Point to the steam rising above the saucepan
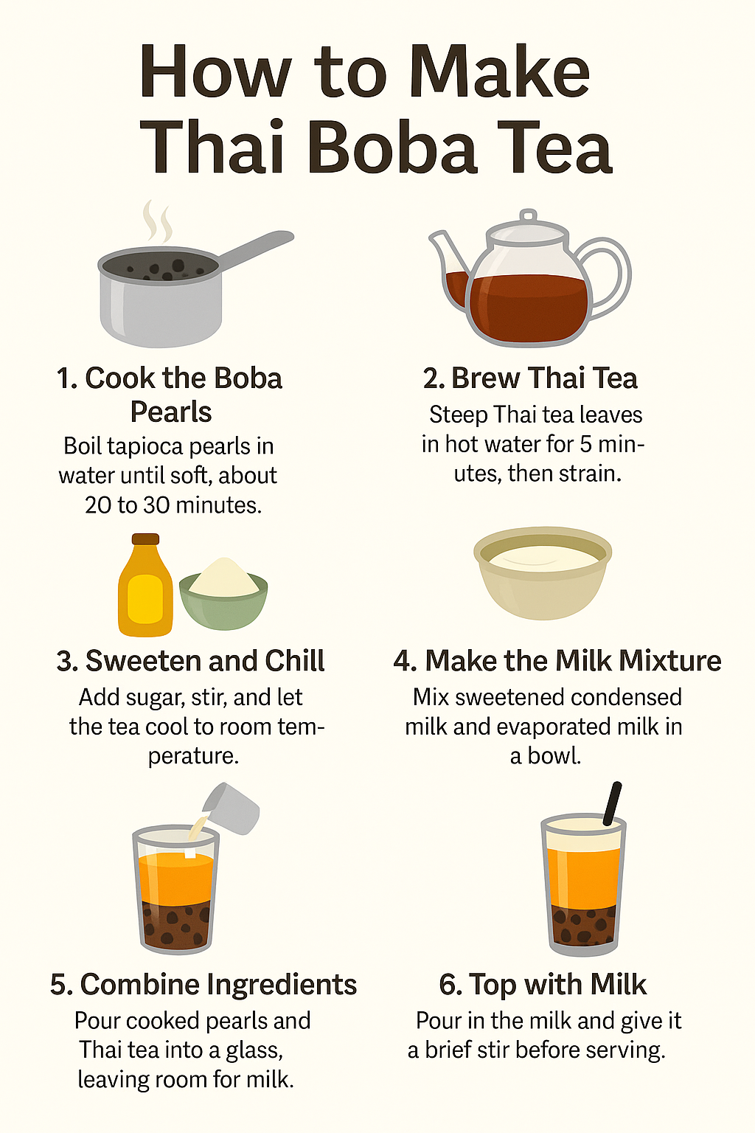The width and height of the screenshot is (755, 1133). click(157, 221)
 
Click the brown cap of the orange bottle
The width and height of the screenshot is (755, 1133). click(145, 539)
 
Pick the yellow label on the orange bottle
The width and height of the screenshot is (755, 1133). click(145, 599)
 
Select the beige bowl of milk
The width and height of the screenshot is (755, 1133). click(543, 573)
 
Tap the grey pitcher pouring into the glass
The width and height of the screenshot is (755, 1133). click(233, 808)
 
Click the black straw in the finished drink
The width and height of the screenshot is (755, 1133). click(613, 804)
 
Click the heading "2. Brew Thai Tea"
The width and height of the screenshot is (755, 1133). click(530, 378)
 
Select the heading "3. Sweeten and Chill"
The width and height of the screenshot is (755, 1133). click(190, 661)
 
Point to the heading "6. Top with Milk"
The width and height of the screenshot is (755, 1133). click(543, 985)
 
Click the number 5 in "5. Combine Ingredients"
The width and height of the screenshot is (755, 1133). click(59, 985)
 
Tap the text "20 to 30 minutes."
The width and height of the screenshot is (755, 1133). click(173, 505)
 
